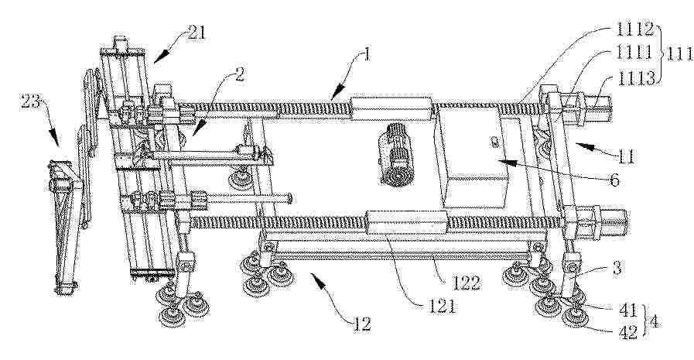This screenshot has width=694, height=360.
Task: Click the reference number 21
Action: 196,33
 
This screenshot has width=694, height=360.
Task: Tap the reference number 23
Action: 30,105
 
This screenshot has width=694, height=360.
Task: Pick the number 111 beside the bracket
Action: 680,54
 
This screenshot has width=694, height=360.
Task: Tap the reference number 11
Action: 625,156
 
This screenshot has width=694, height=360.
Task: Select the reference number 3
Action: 617,267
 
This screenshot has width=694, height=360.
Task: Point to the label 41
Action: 627,309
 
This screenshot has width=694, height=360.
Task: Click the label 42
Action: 627,331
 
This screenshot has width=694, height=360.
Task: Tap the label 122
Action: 466,283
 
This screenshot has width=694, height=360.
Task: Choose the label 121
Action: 441,307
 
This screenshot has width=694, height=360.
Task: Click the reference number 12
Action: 361,324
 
